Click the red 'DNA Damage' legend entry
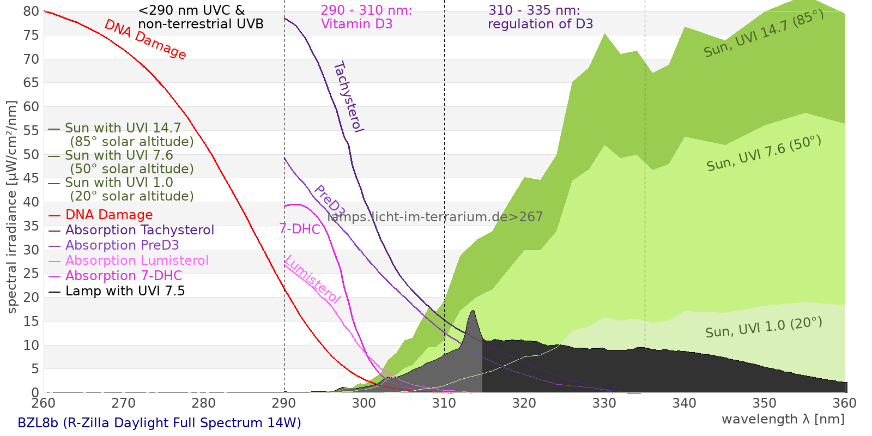[x=109, y=215]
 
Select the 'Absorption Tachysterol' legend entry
[x=140, y=231]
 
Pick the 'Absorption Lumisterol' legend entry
[x=137, y=261]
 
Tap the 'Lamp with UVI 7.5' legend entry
[x=125, y=292]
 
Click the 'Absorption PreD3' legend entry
[x=122, y=246]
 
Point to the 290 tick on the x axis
[x=284, y=403]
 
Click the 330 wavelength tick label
[x=604, y=403]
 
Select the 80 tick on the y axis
[x=32, y=11]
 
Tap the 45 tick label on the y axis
[x=32, y=178]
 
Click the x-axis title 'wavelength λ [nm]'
[x=783, y=419]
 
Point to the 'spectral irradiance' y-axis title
[x=12, y=207]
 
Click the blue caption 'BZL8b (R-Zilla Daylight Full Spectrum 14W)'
[x=159, y=423]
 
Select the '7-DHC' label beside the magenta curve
[x=300, y=229]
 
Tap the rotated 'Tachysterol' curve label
[x=348, y=97]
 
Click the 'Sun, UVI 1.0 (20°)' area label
[x=764, y=328]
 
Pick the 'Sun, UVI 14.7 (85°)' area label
[x=764, y=34]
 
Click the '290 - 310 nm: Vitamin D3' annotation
[x=366, y=17]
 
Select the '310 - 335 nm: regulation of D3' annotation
[x=540, y=17]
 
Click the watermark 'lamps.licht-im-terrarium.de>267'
[x=435, y=217]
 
